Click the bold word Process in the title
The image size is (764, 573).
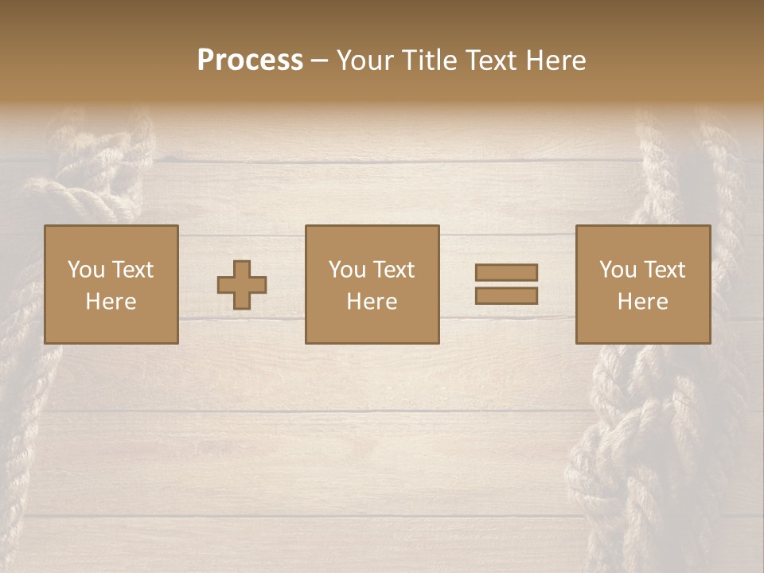250,60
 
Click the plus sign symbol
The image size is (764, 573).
242,284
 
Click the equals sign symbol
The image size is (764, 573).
506,284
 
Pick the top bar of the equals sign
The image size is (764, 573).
506,272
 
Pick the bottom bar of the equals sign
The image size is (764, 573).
506,296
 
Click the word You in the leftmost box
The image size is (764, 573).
86,270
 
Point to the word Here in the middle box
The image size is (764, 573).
372,302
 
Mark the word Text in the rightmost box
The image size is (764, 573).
665,270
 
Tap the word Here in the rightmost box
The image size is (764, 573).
642,302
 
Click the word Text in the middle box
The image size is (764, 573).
394,270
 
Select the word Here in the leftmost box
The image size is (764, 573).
111,302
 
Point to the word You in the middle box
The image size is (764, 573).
347,270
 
